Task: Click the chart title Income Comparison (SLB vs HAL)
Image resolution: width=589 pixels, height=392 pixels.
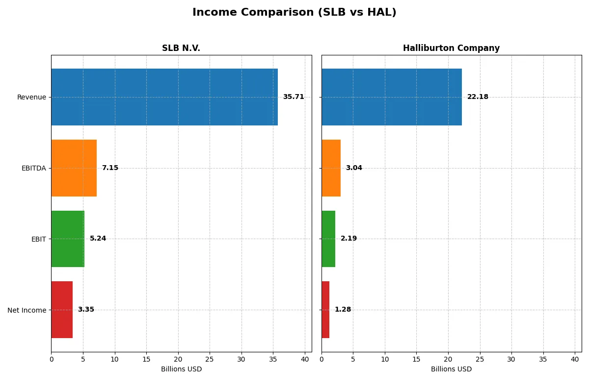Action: point(294,13)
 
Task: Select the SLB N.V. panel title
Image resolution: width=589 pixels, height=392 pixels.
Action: point(181,49)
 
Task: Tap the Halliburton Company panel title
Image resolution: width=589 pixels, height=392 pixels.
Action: point(451,49)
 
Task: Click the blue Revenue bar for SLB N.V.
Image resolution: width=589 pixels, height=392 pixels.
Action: point(164,97)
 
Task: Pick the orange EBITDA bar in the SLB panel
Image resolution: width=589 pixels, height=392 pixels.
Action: point(74,168)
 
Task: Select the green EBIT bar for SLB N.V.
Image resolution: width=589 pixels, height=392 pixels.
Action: point(68,239)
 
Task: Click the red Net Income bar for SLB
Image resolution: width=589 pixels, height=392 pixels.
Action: point(62,310)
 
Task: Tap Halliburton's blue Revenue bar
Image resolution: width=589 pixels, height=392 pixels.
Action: point(392,97)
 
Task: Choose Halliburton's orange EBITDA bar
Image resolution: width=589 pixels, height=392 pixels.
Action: point(331,168)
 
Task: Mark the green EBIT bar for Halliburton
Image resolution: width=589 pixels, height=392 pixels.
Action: point(328,239)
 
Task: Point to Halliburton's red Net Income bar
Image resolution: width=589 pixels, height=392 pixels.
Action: point(325,310)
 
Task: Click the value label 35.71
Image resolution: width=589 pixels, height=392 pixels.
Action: point(294,97)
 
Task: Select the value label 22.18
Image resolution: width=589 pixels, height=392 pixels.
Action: point(478,97)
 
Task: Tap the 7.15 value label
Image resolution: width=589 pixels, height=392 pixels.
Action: point(110,168)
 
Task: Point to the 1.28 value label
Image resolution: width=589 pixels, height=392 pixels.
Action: point(343,310)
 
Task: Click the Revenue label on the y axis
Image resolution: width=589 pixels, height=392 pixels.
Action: point(31,97)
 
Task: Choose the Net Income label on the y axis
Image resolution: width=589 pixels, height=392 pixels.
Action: point(27,310)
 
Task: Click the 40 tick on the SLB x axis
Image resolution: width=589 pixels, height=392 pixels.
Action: point(305,359)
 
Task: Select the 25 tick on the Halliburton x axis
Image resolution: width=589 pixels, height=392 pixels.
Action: point(480,359)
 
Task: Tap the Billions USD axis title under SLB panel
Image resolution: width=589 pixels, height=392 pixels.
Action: point(181,369)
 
